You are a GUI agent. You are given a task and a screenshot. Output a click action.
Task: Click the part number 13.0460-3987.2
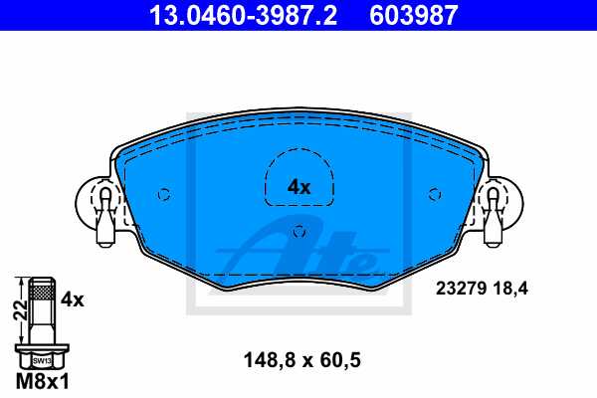pos(223,15)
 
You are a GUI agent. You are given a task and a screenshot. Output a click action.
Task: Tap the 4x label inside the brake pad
pos(298,186)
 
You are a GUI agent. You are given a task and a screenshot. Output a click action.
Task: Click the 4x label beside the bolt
pos(72,298)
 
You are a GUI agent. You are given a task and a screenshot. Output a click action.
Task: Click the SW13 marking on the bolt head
pos(42,360)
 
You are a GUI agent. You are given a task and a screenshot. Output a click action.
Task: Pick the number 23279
pos(461,290)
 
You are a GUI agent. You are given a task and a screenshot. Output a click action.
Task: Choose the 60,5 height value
pos(338,362)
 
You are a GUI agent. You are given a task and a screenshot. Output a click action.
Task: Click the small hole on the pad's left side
pos(165,194)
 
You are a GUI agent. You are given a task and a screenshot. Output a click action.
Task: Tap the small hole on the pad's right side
pos(433,194)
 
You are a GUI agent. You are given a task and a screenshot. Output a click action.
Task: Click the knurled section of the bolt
pos(42,292)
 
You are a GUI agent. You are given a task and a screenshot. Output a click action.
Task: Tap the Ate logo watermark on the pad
pos(308,254)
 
